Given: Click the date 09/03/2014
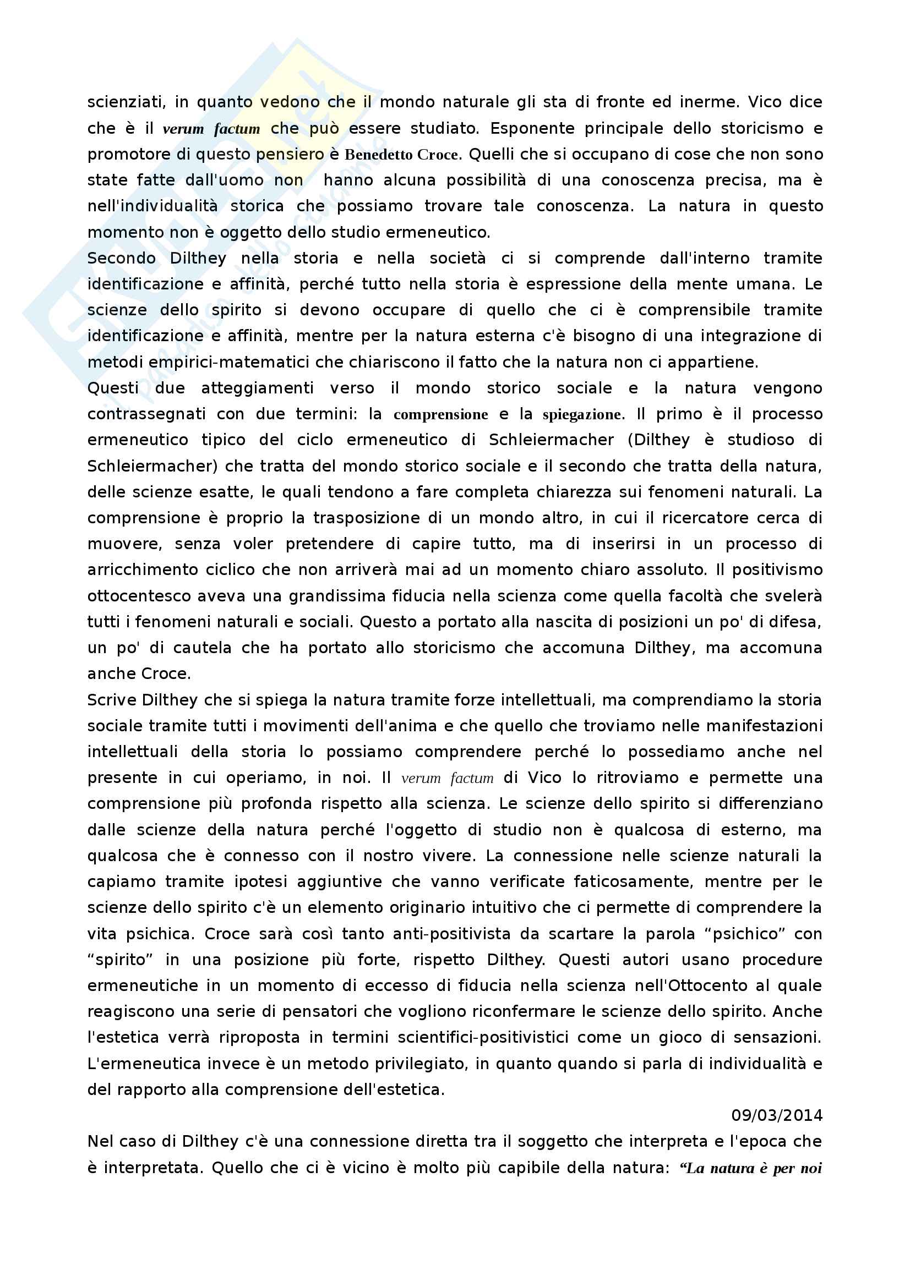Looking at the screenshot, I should click(777, 1115).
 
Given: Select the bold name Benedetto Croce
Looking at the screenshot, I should click(401, 155).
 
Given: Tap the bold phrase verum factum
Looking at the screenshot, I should click(211, 129).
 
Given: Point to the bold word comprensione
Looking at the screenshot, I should click(441, 414).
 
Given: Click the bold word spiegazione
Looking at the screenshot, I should click(582, 414).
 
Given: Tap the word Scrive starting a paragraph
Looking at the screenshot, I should click(112, 699).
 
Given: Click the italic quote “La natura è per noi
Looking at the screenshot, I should click(750, 1168).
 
